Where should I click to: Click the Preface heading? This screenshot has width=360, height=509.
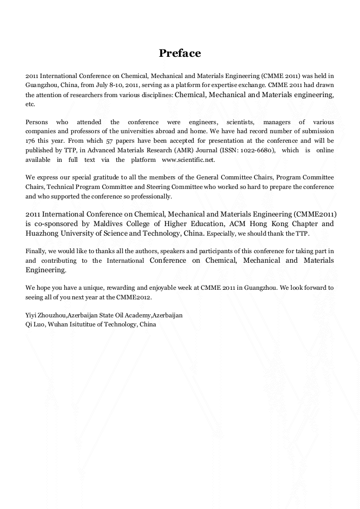180,53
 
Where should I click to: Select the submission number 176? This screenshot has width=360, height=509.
30,141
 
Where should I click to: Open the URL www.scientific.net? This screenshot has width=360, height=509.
188,160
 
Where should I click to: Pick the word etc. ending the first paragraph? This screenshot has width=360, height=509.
30,104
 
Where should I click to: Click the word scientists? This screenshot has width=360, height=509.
239,122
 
